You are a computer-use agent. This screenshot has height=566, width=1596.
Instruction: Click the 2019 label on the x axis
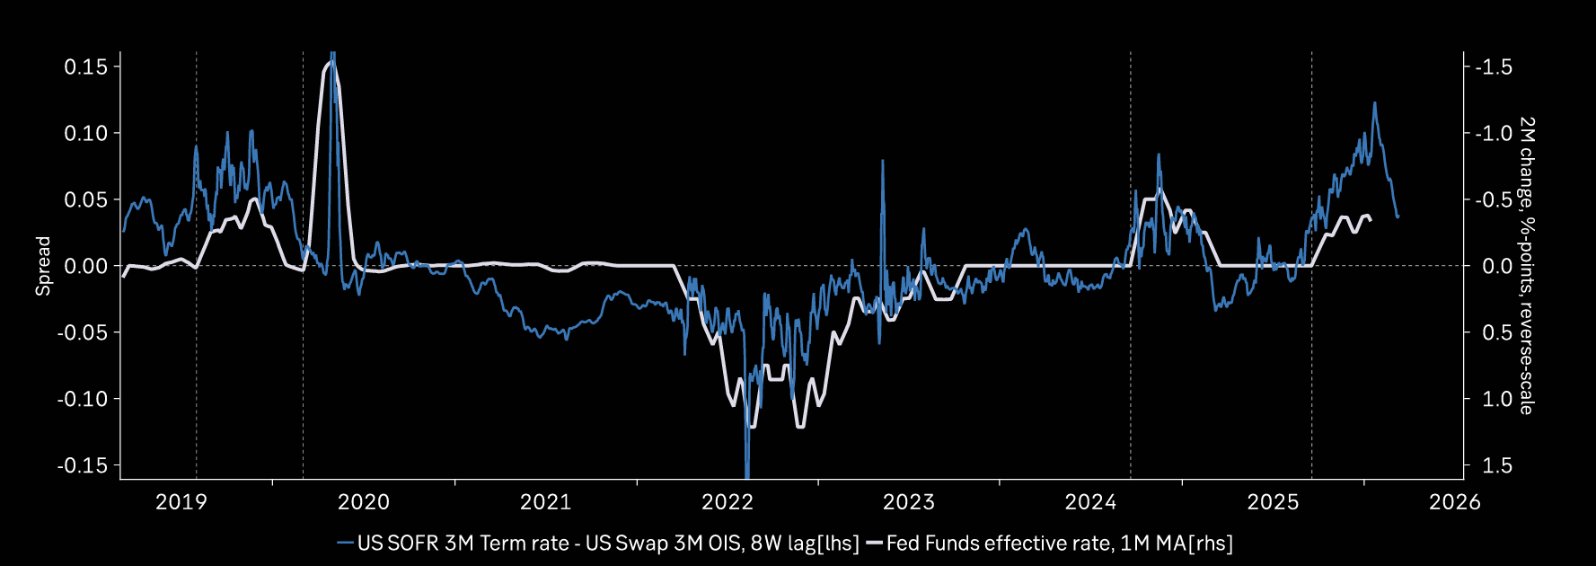tap(181, 501)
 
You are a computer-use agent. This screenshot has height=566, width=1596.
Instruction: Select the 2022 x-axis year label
tap(727, 501)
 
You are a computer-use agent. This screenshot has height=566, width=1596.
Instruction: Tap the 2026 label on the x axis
tap(1454, 501)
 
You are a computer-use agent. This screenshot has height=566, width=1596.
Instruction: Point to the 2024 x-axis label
tap(1090, 501)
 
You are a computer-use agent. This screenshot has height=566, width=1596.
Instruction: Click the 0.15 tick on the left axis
tap(85, 66)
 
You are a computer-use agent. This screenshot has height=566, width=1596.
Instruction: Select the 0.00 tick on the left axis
tap(85, 266)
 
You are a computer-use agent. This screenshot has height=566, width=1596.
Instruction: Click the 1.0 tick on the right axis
tap(1497, 399)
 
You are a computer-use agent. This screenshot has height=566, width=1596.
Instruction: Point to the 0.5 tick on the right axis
tap(1497, 332)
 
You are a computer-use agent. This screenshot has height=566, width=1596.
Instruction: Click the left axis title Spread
tap(43, 266)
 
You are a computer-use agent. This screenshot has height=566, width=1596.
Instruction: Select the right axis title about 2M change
tap(1526, 266)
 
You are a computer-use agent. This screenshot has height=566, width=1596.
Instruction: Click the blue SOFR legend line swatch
tap(345, 543)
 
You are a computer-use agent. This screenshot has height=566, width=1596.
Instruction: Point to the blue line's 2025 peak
tap(1374, 103)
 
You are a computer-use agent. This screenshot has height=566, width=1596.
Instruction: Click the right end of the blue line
tap(1398, 217)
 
